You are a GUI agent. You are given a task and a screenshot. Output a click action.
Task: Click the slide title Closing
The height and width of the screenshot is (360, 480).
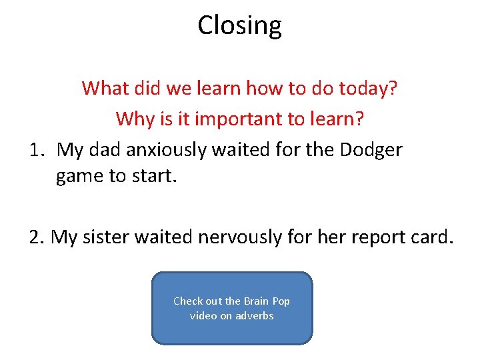239,25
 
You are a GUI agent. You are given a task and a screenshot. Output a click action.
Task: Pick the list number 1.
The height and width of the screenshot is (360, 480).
37,149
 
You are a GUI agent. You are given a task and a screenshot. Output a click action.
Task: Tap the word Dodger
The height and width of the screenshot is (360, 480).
371,149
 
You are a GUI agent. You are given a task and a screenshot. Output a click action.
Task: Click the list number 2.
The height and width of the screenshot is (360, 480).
37,237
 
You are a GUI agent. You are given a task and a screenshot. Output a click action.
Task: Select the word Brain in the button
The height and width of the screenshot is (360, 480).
257,301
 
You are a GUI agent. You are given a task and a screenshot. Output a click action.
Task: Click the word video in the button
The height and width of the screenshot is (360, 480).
203,316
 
